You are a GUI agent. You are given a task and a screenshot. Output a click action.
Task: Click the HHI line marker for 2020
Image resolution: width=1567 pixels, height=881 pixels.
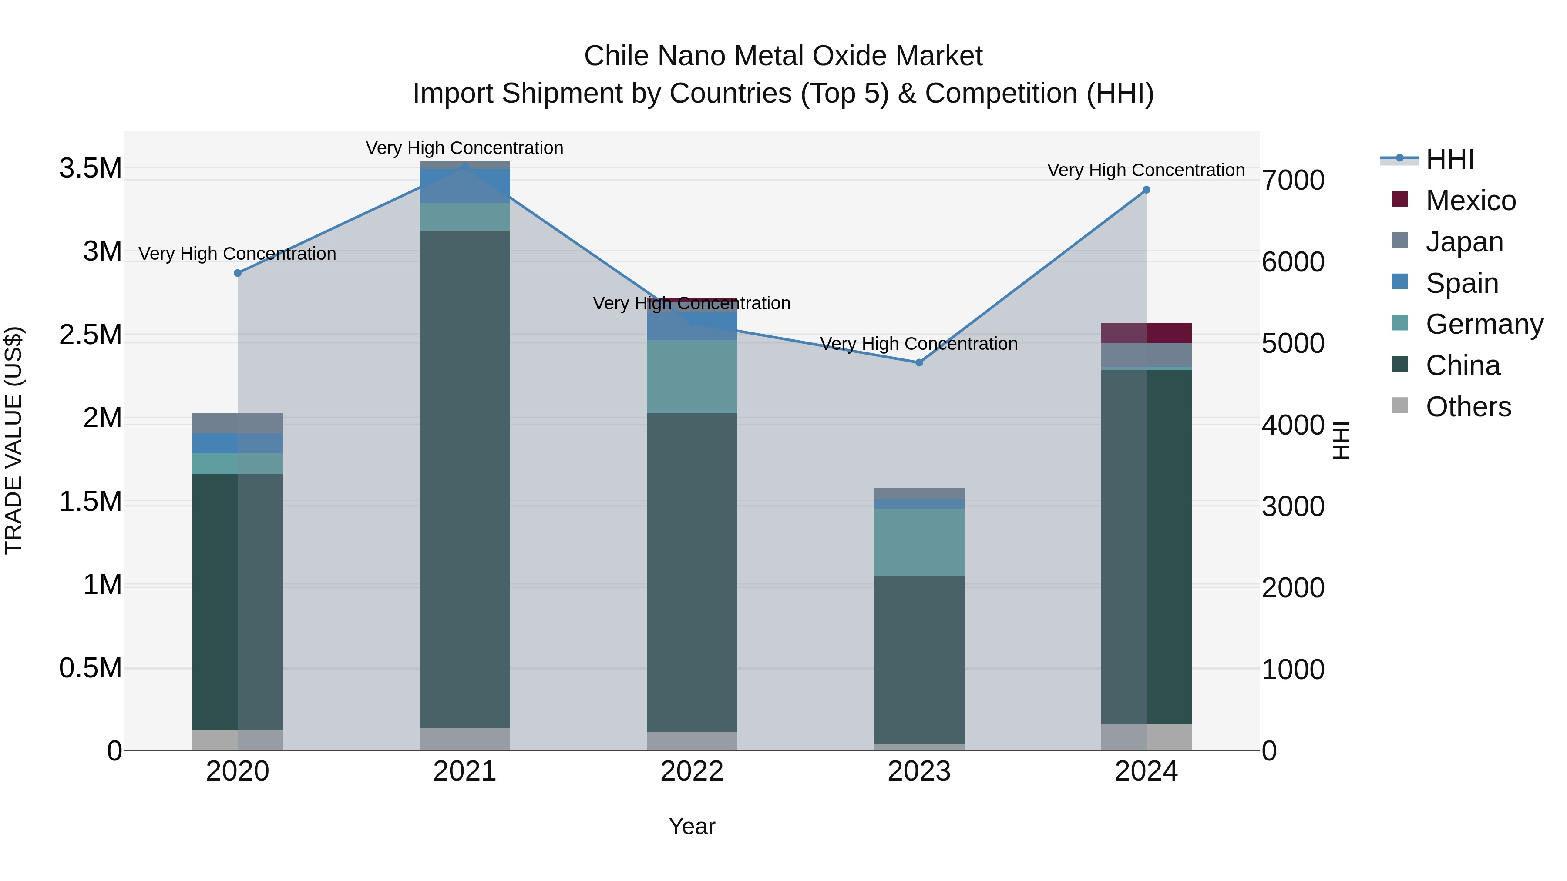(x=238, y=273)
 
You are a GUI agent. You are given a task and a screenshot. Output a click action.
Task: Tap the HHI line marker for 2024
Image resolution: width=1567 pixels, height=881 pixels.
(x=1146, y=190)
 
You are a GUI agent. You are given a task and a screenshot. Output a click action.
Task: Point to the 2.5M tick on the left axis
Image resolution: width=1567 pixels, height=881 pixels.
(x=90, y=335)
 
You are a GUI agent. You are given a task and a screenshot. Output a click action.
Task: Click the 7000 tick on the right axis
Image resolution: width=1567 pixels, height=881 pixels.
(x=1293, y=181)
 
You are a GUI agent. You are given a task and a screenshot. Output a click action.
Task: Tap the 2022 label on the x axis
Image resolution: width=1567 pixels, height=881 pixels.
(x=692, y=771)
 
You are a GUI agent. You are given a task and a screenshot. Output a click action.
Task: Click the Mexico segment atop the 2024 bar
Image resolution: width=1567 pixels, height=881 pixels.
(x=1146, y=332)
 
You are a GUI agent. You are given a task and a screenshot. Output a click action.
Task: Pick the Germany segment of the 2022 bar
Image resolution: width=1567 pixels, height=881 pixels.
(x=692, y=376)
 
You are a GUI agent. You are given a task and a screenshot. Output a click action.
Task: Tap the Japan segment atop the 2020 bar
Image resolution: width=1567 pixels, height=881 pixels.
(x=238, y=423)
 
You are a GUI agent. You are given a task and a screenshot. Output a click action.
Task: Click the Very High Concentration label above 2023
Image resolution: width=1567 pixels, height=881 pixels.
(x=918, y=344)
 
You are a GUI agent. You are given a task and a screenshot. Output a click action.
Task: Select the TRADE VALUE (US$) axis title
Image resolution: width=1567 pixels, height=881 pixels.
(x=13, y=440)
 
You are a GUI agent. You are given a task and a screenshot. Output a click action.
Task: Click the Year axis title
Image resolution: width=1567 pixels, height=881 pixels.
(x=692, y=826)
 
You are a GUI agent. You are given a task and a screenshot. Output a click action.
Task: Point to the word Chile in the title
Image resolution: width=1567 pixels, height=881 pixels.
(x=617, y=56)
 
